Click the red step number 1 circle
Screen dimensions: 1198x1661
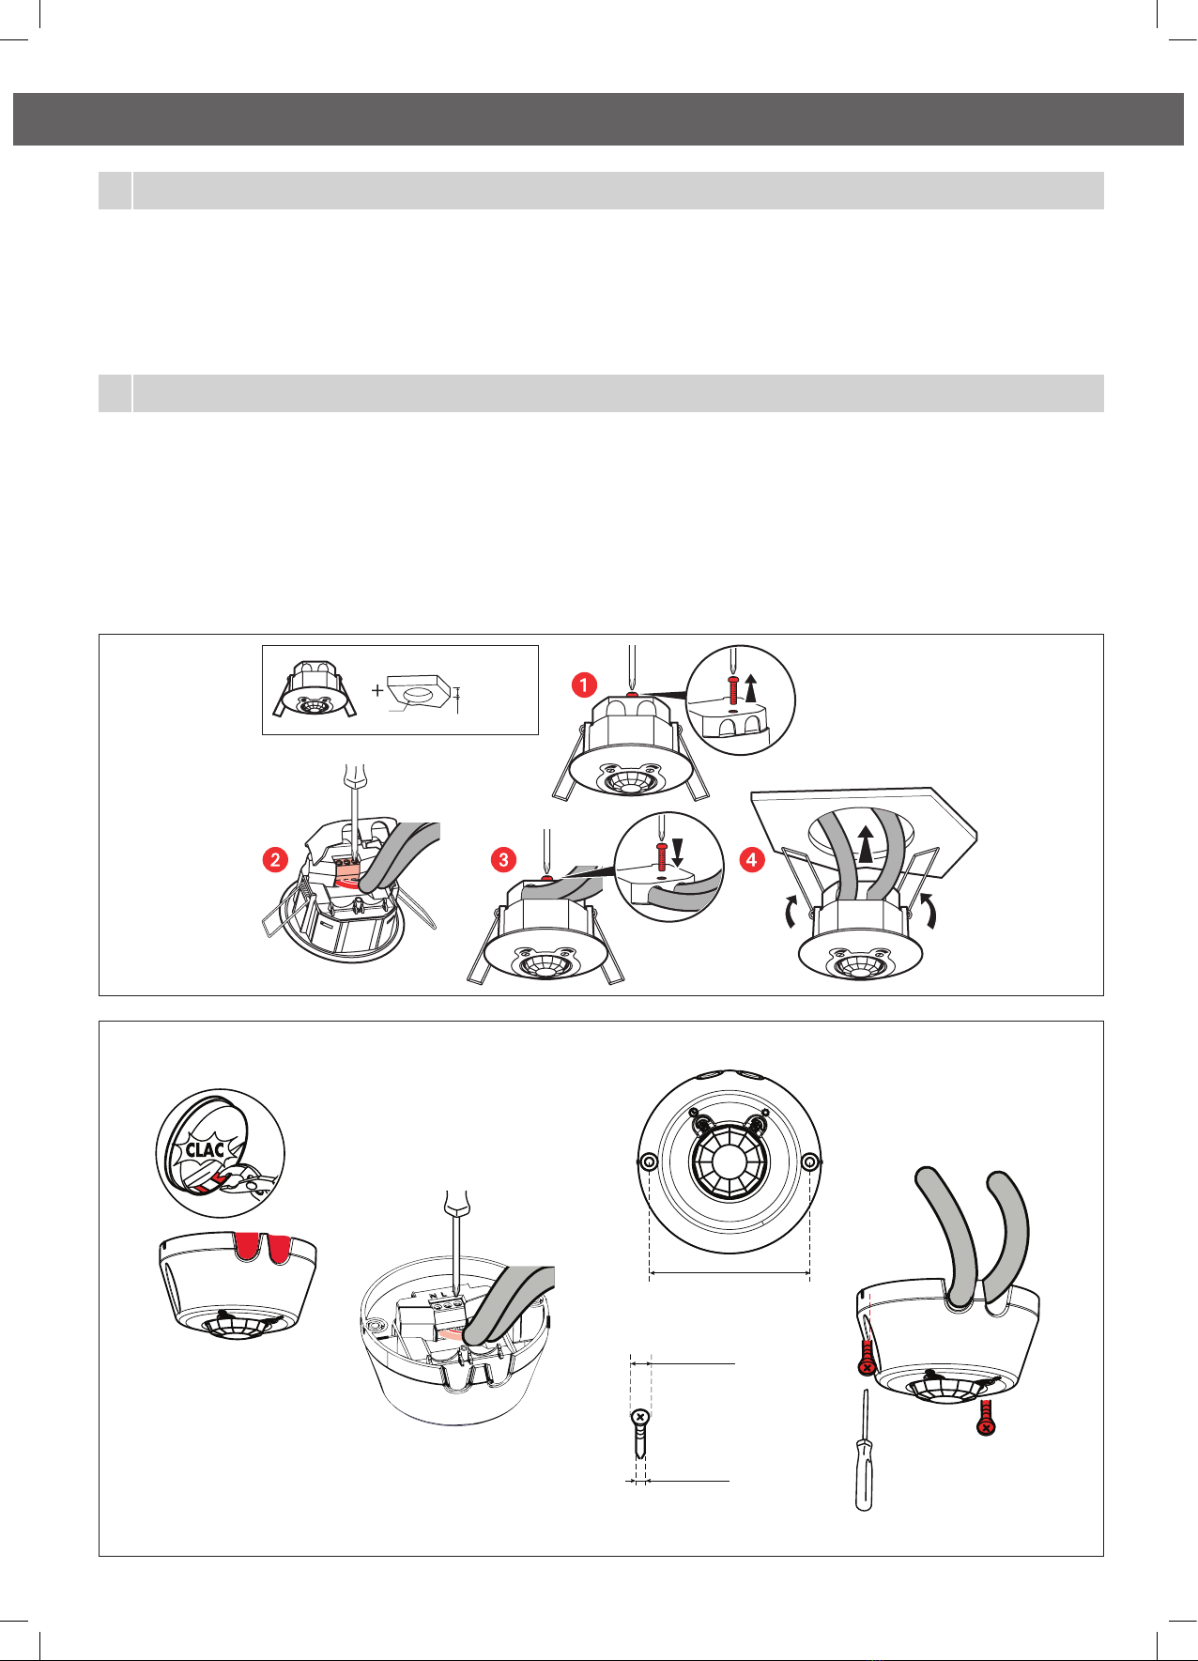pyautogui.click(x=584, y=685)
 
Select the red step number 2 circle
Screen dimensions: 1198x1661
pyautogui.click(x=275, y=859)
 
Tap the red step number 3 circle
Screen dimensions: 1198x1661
pyautogui.click(x=504, y=859)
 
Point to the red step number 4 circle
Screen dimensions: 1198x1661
pyautogui.click(x=752, y=859)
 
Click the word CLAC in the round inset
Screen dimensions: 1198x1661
pyautogui.click(x=205, y=1148)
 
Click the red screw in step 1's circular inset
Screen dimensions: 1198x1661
pyautogui.click(x=732, y=690)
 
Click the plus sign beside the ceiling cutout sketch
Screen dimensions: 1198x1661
pyautogui.click(x=376, y=690)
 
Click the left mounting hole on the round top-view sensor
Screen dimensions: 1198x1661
pyautogui.click(x=649, y=1162)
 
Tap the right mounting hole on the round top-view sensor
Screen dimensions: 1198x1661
pyautogui.click(x=809, y=1162)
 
